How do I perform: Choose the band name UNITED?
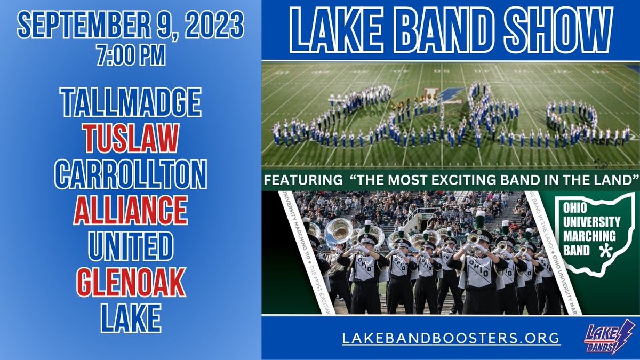click(131, 245)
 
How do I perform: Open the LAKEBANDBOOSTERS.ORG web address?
click(451, 338)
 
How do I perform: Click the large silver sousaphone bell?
click(339, 230)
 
